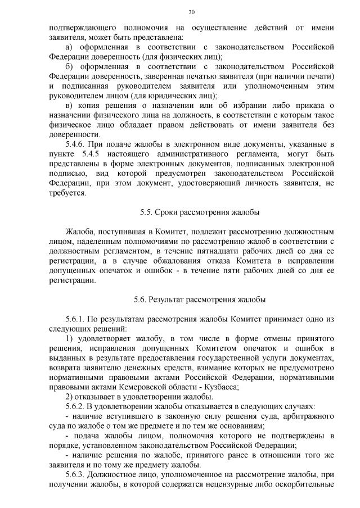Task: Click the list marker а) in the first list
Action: point(70,47)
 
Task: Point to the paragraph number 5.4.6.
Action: point(76,144)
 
